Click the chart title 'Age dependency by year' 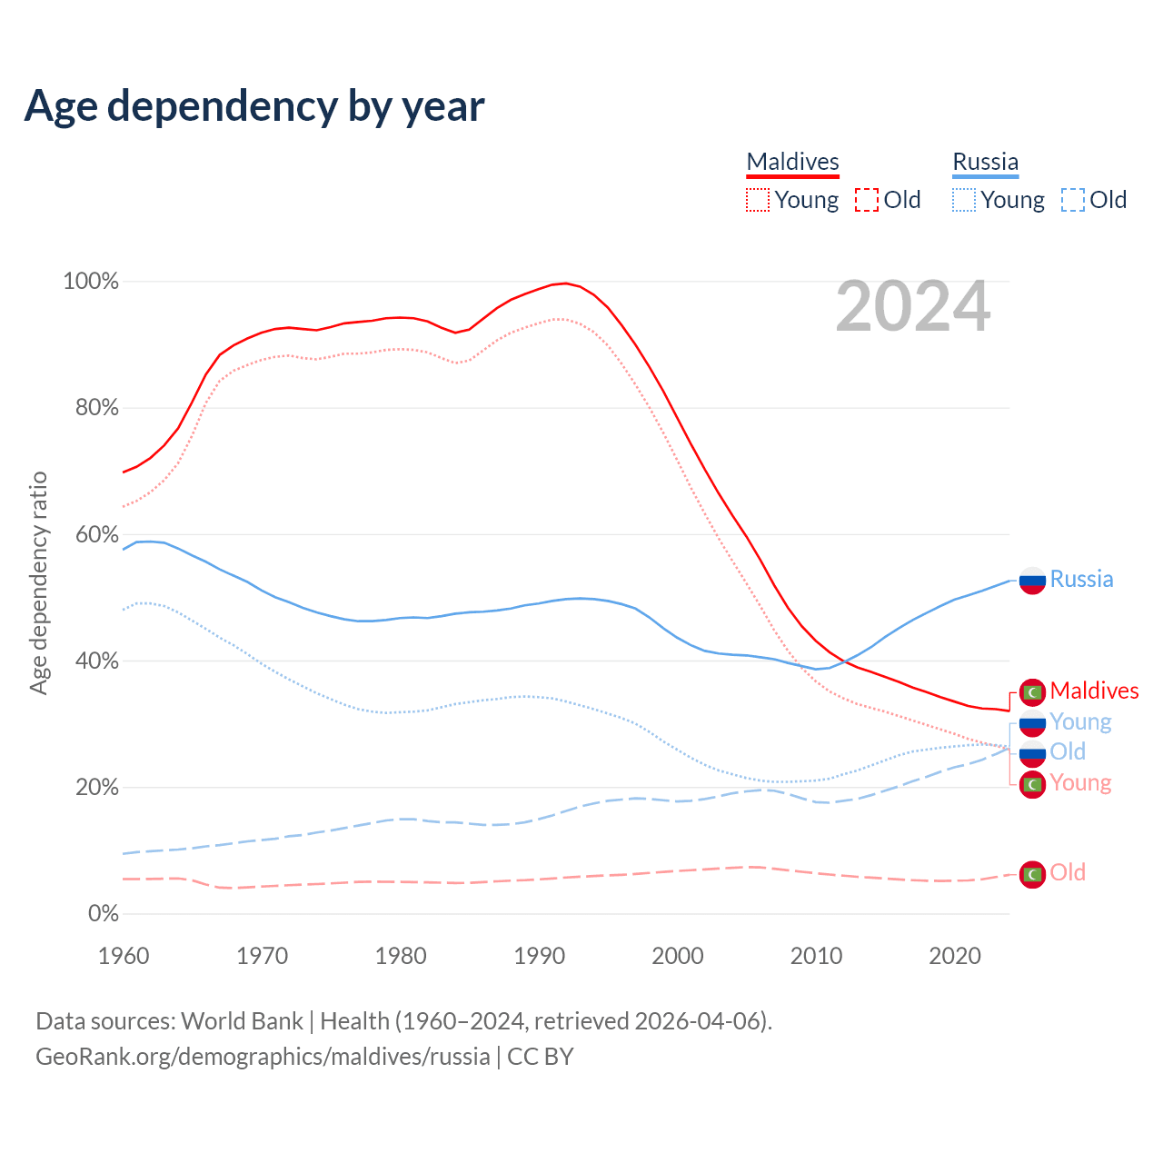tap(254, 106)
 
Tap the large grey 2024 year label tap(912, 307)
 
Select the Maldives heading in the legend tap(792, 162)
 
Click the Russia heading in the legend tap(985, 162)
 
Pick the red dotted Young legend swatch tap(758, 200)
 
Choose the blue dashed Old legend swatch tap(1073, 200)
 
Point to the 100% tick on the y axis tap(91, 282)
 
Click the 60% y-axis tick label tap(96, 534)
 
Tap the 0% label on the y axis tap(103, 914)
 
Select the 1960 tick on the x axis tap(124, 956)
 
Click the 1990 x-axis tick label tap(540, 956)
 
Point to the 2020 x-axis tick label tap(955, 956)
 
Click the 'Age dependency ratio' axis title tap(38, 582)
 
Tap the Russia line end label tap(1081, 580)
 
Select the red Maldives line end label tap(1094, 691)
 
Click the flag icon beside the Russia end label tap(1032, 580)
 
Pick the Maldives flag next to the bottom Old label tap(1032, 874)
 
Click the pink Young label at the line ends tap(1080, 783)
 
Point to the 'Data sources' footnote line tap(403, 1021)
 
